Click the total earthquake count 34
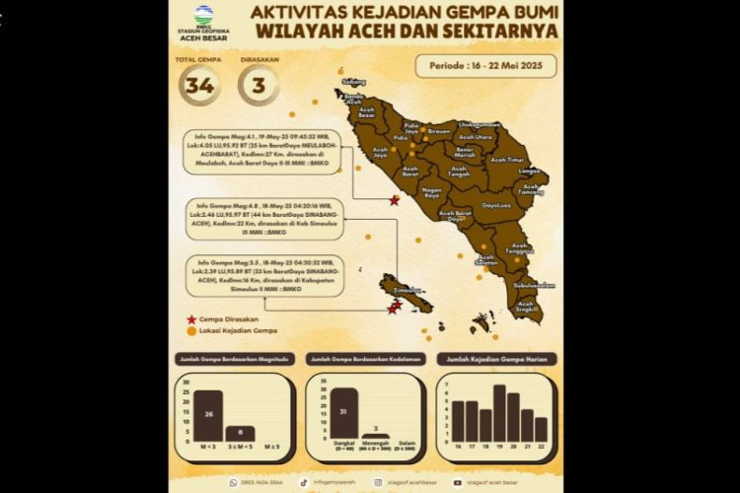pyautogui.click(x=198, y=85)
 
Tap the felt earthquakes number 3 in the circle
pyautogui.click(x=257, y=85)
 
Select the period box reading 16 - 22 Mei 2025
pyautogui.click(x=485, y=66)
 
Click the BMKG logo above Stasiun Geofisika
pyautogui.click(x=204, y=15)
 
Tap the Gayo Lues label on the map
pyautogui.click(x=495, y=206)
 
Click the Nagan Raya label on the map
pyautogui.click(x=431, y=192)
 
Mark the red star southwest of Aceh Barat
pyautogui.click(x=395, y=200)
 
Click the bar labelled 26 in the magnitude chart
pyautogui.click(x=208, y=415)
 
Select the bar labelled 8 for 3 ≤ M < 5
pyautogui.click(x=240, y=433)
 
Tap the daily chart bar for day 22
pyautogui.click(x=541, y=429)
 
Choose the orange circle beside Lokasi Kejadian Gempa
pyautogui.click(x=190, y=332)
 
